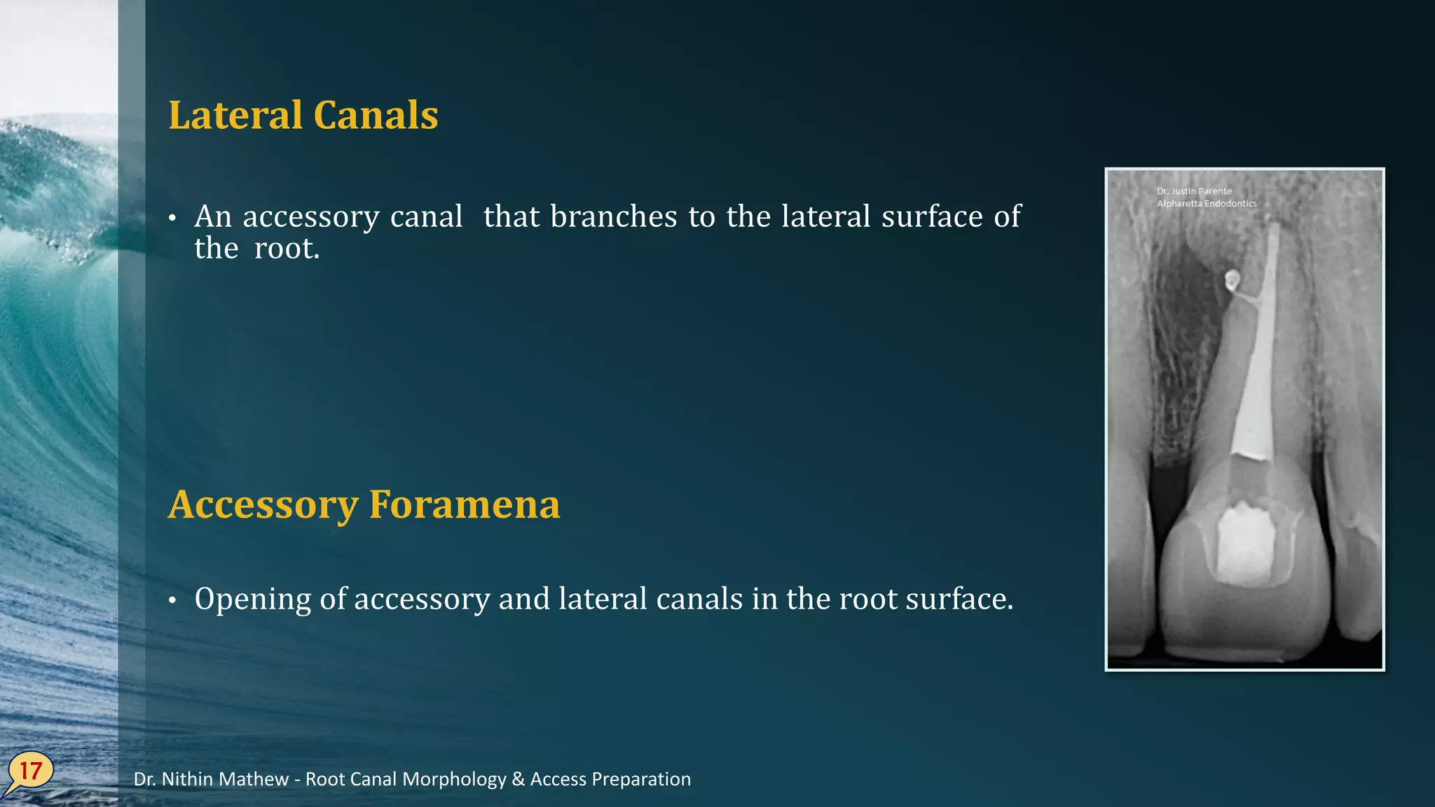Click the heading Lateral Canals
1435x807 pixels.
pyautogui.click(x=303, y=116)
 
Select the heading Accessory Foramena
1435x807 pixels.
pyautogui.click(x=364, y=504)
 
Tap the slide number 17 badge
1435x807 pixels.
pyautogui.click(x=30, y=771)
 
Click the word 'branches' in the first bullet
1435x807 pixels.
pyautogui.click(x=614, y=216)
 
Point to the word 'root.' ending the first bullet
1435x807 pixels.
pyautogui.click(x=287, y=249)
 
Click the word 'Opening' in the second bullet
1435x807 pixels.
pyautogui.click(x=252, y=600)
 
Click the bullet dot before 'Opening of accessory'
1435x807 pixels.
pyautogui.click(x=172, y=600)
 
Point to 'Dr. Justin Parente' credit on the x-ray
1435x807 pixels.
pyautogui.click(x=1194, y=191)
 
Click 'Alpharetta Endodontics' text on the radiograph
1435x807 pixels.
pyautogui.click(x=1207, y=204)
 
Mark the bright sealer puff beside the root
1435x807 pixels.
pyautogui.click(x=1231, y=280)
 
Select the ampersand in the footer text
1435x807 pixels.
pyautogui.click(x=519, y=779)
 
